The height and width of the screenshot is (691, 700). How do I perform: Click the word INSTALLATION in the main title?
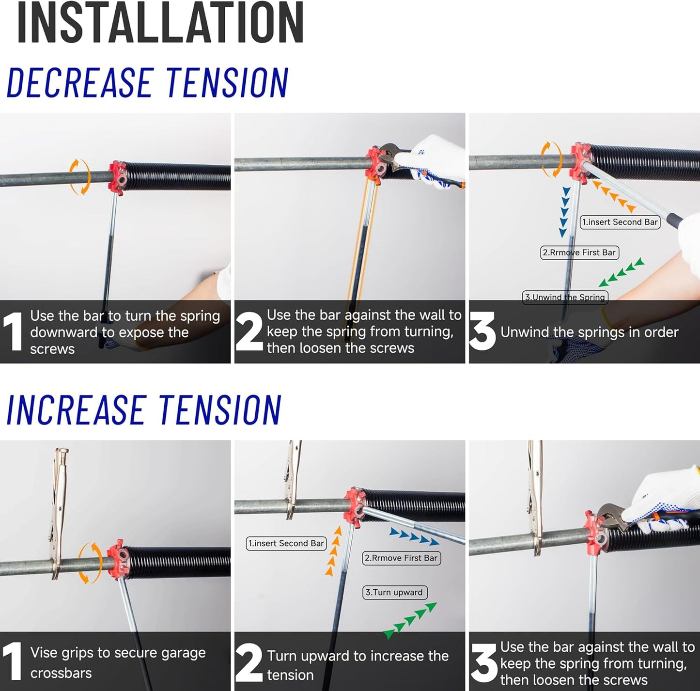(x=160, y=23)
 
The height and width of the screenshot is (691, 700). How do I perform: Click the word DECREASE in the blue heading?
(x=80, y=82)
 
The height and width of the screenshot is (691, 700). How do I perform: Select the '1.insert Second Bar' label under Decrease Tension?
(x=620, y=222)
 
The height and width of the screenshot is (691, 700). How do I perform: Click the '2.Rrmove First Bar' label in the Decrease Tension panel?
(x=579, y=252)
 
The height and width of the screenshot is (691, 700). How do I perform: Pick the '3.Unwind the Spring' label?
(x=565, y=297)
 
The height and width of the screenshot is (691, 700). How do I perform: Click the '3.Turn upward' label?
(x=394, y=592)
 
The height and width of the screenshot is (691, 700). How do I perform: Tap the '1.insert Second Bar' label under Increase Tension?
(x=286, y=543)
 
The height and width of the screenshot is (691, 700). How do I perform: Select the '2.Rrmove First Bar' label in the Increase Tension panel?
(x=401, y=558)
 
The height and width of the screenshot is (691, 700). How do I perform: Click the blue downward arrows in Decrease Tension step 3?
(x=564, y=212)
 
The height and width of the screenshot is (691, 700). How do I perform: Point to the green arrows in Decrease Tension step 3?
(x=622, y=272)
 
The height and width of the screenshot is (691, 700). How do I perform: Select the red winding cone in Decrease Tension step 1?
(x=117, y=178)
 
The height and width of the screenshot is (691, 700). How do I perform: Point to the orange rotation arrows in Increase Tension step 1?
(x=90, y=563)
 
